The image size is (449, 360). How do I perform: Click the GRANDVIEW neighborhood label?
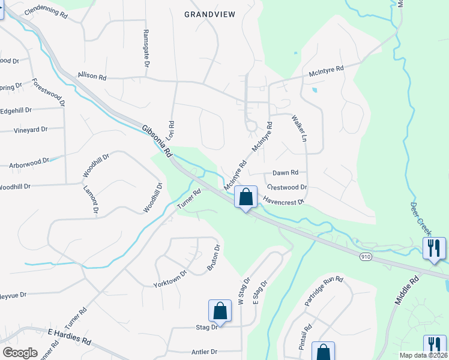click(x=209, y=14)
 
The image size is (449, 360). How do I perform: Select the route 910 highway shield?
click(x=365, y=257)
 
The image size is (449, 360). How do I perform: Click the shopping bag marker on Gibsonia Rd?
click(x=246, y=197)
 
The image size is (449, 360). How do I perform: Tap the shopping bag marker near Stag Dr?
click(x=220, y=311)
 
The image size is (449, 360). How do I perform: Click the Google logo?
click(x=20, y=353)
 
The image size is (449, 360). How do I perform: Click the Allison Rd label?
click(x=92, y=77)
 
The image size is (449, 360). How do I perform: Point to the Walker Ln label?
click(x=299, y=128)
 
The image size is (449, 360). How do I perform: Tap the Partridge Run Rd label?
click(x=323, y=292)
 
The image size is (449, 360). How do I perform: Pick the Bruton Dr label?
click(x=214, y=257)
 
